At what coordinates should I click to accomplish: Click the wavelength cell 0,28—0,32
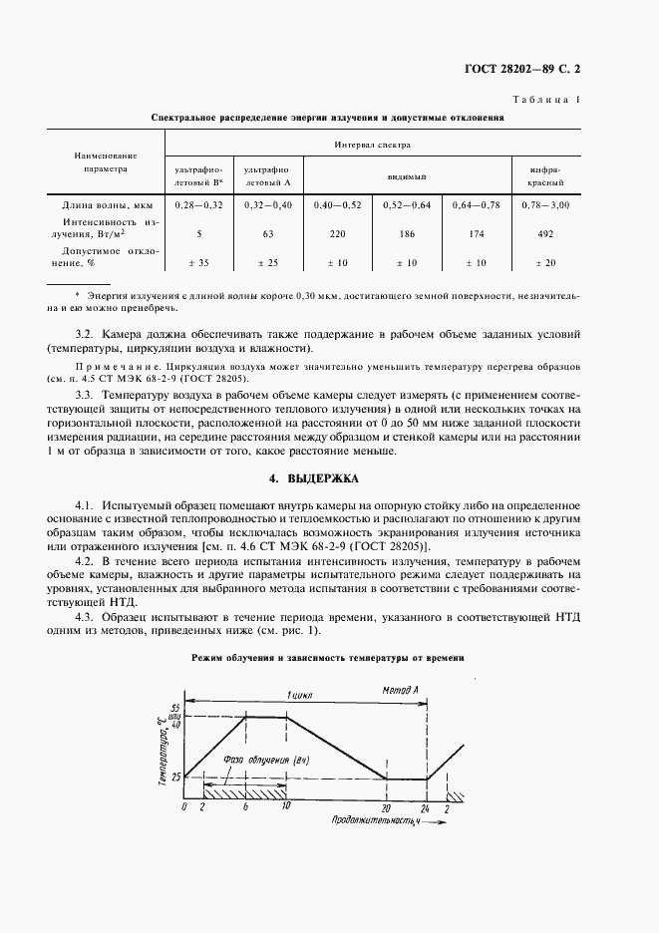[198, 204]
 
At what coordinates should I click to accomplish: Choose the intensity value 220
[338, 235]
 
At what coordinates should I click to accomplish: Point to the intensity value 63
[266, 235]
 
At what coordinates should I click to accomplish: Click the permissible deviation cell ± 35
[198, 263]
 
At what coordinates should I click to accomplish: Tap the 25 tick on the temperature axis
[175, 777]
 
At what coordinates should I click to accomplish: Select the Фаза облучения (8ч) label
[258, 760]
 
